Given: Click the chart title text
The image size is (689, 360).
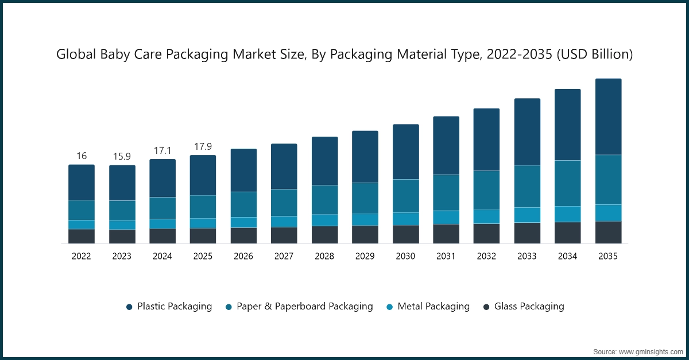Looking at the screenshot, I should point(344,55).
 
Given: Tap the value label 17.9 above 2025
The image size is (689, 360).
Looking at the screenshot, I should point(203,146).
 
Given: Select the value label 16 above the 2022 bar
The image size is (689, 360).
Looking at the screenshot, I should point(82,156).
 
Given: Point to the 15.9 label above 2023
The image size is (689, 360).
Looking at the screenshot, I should point(122,156).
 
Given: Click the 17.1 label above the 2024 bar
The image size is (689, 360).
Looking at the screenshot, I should point(162,150).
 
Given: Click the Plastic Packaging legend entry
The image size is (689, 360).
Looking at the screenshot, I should point(169,307).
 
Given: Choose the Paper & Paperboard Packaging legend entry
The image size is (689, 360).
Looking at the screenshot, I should point(299,307).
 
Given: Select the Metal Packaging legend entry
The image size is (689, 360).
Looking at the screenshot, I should point(427,307).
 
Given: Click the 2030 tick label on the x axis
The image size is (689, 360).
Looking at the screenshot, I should point(405,257).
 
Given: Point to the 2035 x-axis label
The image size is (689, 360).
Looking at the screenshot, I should point(608,257).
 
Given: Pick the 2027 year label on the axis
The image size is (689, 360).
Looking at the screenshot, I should point(284,257).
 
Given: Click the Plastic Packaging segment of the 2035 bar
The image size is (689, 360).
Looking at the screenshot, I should point(608,117).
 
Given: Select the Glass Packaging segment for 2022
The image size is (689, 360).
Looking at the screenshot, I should point(82,237).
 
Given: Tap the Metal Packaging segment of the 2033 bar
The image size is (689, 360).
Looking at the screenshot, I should point(527,215).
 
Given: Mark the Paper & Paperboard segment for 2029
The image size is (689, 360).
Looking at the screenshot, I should point(365,198).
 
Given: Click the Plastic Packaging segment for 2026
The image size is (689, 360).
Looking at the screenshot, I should point(243,170).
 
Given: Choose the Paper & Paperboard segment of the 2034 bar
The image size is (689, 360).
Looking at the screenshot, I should point(567,183).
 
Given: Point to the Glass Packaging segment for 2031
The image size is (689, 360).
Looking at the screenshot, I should point(446,234).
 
